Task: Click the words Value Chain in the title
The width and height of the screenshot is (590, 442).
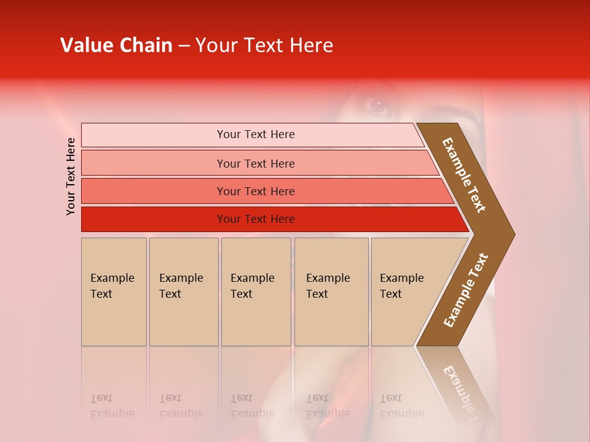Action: [116, 45]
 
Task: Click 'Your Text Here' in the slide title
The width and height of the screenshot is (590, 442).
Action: [264, 45]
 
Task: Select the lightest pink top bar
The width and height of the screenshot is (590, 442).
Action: [154, 134]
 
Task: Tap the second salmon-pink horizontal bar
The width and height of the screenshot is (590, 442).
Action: [154, 163]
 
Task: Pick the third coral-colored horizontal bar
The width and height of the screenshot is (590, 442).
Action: [154, 191]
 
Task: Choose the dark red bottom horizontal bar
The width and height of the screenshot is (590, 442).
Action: [154, 219]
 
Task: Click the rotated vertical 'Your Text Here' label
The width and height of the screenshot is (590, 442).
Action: [71, 176]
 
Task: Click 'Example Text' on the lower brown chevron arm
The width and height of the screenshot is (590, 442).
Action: [466, 290]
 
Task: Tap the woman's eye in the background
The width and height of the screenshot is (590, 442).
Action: [377, 105]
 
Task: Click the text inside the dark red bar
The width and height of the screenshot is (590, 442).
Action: [256, 219]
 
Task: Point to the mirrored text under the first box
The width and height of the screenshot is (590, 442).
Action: [112, 406]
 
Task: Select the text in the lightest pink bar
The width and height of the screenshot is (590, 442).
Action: [256, 134]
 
